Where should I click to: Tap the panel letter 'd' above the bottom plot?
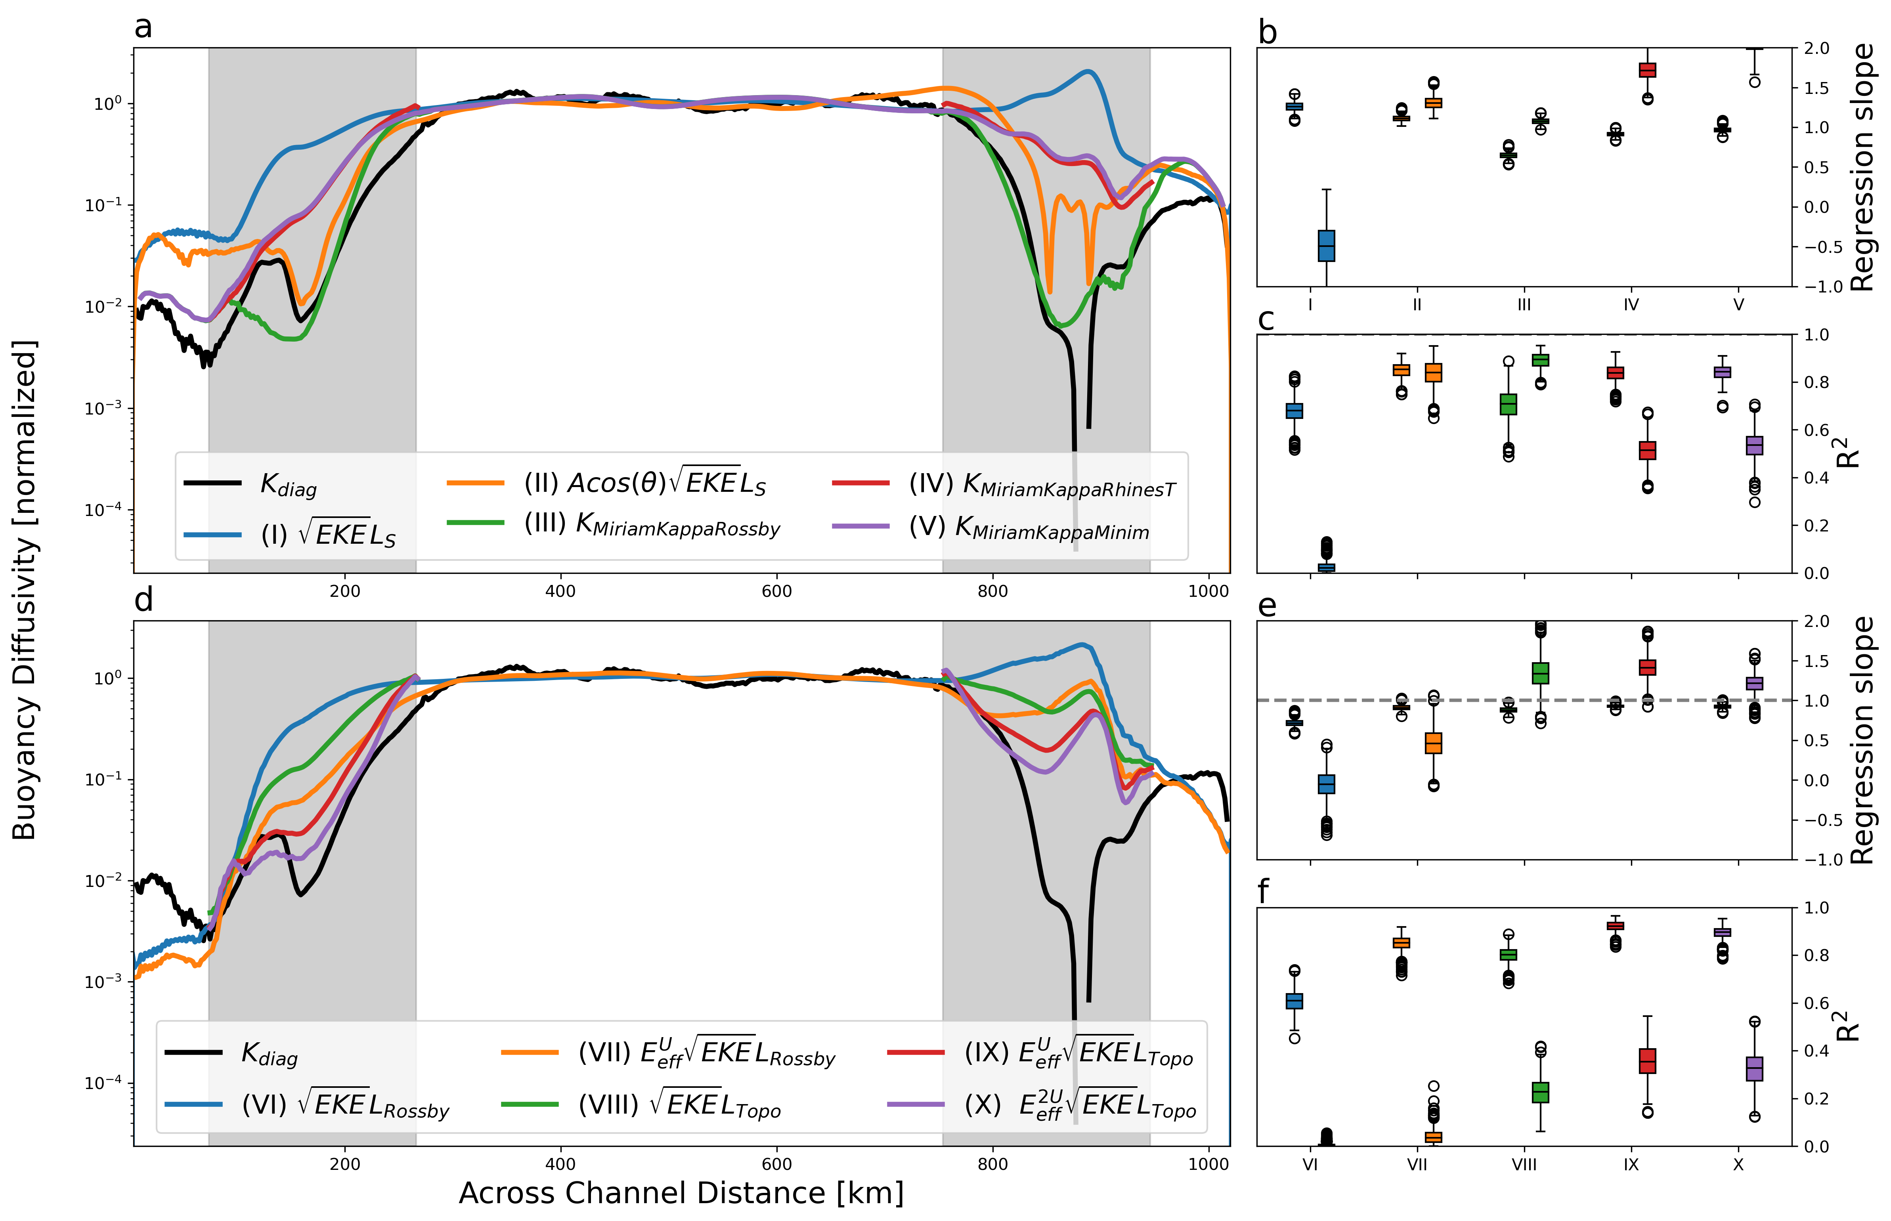click(x=143, y=600)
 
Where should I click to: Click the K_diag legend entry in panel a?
click(x=288, y=483)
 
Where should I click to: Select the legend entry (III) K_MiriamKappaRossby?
click(x=652, y=525)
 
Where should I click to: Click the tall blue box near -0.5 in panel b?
click(x=1326, y=246)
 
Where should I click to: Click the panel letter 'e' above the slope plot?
click(x=1267, y=606)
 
